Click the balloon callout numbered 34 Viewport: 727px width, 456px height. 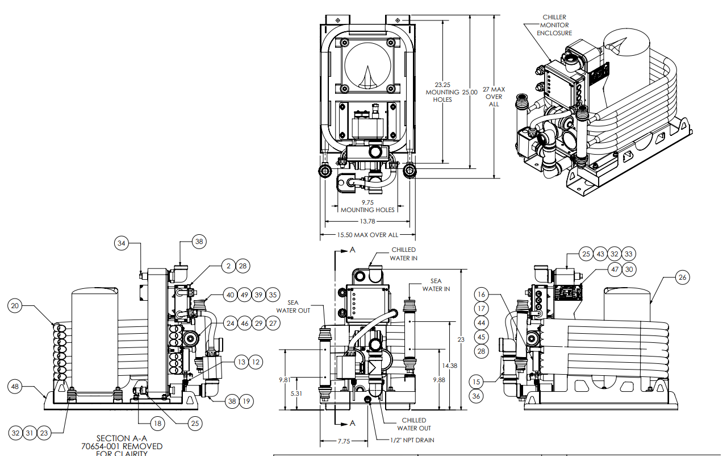(x=122, y=243)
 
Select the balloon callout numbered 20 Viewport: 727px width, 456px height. (x=16, y=306)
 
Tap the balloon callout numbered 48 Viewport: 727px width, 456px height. (x=16, y=387)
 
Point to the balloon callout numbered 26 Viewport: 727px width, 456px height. (x=682, y=277)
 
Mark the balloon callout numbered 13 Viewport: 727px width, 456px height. (x=241, y=362)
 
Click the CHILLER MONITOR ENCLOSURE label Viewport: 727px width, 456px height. (x=554, y=25)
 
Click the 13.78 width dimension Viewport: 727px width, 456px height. (x=366, y=222)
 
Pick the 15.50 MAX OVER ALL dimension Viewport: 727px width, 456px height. (x=366, y=234)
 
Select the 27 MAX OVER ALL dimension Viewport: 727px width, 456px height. (x=494, y=97)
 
